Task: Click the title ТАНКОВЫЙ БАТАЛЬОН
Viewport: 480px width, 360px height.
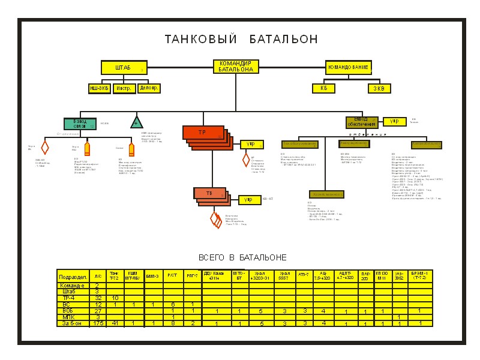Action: pos(241,40)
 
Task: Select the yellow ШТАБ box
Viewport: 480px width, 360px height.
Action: pos(123,68)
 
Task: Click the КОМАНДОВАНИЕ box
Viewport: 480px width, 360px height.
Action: pos(348,68)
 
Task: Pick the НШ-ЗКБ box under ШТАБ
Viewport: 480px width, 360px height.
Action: pos(100,89)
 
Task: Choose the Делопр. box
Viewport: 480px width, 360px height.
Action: pos(149,89)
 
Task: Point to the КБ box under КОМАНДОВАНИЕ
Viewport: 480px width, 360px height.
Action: pos(323,88)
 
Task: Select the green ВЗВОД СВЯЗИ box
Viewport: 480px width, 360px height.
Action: pos(80,124)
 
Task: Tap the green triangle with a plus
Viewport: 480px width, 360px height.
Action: pos(137,123)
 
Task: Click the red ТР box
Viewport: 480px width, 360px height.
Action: pos(203,133)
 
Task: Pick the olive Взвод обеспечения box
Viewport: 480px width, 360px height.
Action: pos(362,122)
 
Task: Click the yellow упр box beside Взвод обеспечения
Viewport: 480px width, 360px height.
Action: pos(395,122)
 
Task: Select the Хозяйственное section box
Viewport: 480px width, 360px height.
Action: pos(326,194)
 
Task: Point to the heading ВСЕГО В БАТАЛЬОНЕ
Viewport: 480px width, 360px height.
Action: pos(242,257)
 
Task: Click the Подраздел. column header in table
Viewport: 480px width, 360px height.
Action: pos(73,277)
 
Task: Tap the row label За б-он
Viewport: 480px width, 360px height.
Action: pos(73,323)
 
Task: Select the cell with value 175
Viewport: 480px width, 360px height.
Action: pos(98,323)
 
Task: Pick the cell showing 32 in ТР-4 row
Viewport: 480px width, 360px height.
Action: pos(98,298)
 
